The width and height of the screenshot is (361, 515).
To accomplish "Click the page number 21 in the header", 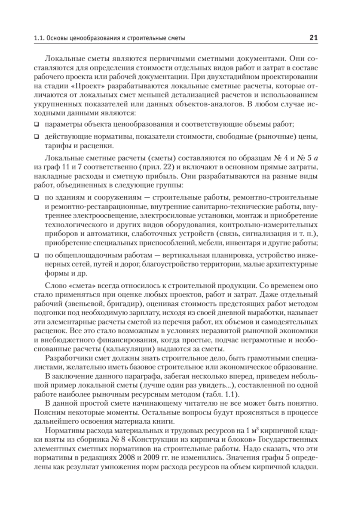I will pyautogui.click(x=313, y=38).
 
